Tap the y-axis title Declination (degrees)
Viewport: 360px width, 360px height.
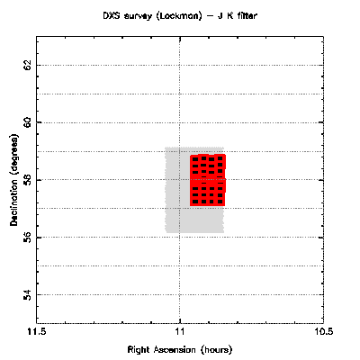14,180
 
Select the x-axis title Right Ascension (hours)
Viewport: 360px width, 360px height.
180,350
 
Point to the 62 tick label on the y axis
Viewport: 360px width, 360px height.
28,65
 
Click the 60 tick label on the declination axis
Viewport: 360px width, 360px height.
28,122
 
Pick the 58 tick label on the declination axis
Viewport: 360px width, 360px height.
28,180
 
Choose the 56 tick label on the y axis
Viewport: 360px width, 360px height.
28,238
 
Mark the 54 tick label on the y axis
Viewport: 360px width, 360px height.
28,295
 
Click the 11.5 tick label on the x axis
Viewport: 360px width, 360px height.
37,332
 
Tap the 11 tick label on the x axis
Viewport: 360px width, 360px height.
180,332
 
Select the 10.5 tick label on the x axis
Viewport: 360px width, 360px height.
323,332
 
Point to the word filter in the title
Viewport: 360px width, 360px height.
246,15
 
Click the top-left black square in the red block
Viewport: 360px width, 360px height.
195,159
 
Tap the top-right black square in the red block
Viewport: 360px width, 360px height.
220,158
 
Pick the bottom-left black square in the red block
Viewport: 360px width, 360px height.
195,202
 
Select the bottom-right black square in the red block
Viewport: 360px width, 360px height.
220,202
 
